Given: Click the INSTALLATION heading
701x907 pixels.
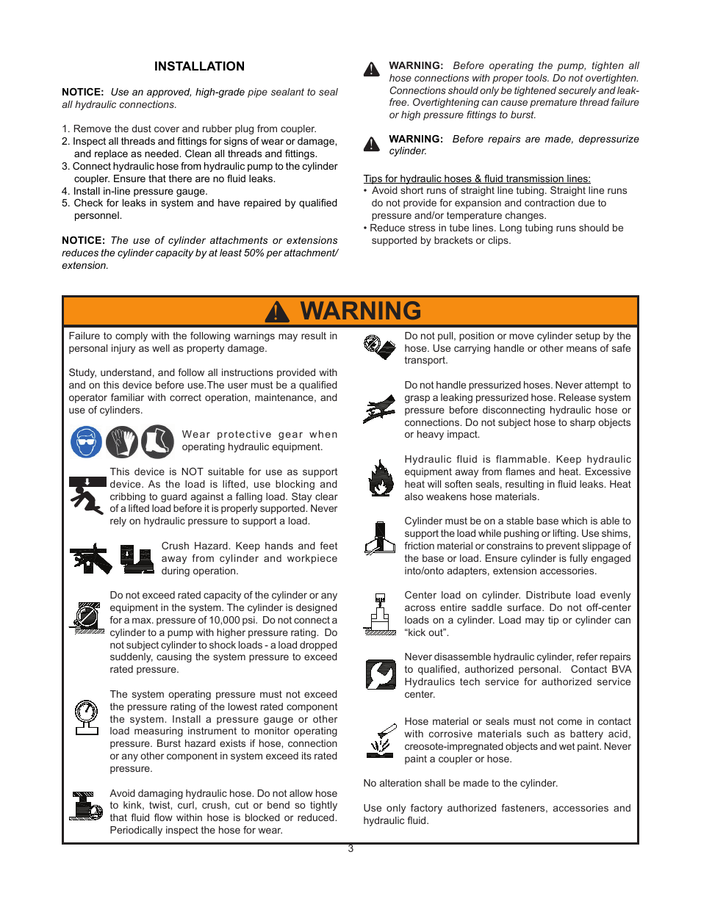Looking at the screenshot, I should [x=199, y=67].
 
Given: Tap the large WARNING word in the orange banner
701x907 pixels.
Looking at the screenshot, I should [x=361, y=311].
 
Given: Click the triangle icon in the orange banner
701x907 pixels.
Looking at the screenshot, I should [x=277, y=312].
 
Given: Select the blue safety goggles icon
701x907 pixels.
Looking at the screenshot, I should [x=86, y=442].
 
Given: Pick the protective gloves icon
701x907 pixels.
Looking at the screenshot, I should [x=122, y=442].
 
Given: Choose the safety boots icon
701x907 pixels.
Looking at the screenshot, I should [x=157, y=442].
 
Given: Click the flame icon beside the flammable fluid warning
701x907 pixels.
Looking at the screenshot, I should [x=380, y=478].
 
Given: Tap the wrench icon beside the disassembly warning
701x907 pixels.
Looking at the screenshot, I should [x=380, y=674].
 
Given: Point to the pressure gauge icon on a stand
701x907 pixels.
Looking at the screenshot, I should [x=87, y=717].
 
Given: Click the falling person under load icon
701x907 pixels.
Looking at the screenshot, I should [x=87, y=496].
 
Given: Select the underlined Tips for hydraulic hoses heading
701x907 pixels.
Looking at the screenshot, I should [x=476, y=178].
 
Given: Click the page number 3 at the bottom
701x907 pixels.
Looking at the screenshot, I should [x=350, y=849].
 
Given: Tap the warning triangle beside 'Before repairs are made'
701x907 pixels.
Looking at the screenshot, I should [x=372, y=144].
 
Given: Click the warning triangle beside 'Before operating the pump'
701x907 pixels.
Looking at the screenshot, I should [x=372, y=70].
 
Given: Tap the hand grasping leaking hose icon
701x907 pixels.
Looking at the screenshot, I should [x=379, y=409].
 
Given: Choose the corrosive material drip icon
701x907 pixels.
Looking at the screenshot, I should [x=380, y=741].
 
